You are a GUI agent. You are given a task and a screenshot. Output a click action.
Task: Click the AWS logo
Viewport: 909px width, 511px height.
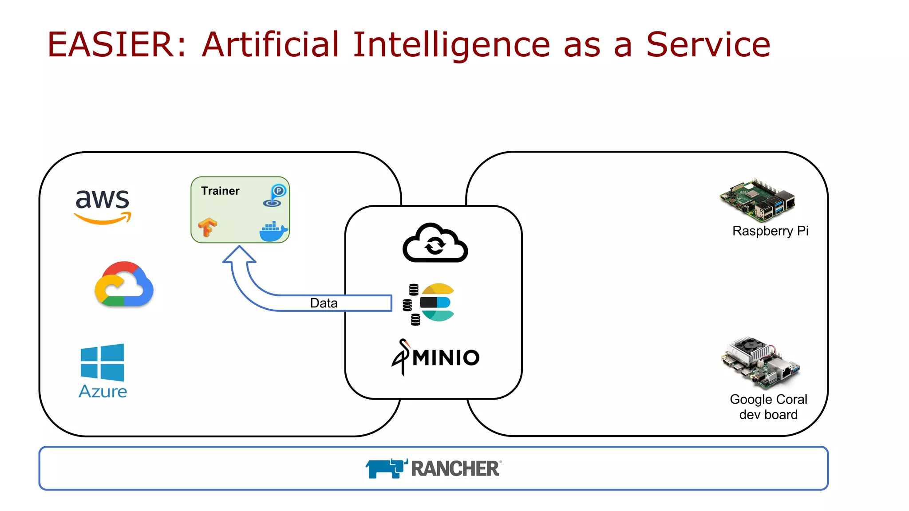pos(103,205)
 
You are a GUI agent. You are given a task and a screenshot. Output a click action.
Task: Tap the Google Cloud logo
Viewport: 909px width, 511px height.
pos(124,284)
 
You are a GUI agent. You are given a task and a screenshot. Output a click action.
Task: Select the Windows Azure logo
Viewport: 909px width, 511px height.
pos(103,370)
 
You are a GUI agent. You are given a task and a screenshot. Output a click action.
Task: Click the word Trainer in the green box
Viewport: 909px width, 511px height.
pos(220,191)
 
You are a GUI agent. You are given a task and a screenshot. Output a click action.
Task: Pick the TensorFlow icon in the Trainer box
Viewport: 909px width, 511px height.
pos(207,228)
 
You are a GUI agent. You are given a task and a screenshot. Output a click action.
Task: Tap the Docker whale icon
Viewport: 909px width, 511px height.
pos(273,232)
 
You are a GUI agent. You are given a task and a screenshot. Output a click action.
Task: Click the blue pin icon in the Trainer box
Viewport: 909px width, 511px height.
pos(274,196)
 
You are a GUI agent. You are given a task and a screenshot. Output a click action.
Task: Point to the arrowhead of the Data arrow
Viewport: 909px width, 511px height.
pos(239,255)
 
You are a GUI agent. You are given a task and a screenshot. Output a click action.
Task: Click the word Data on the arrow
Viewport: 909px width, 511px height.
pos(324,303)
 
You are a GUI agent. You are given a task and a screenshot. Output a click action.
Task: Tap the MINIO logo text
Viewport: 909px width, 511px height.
pos(446,358)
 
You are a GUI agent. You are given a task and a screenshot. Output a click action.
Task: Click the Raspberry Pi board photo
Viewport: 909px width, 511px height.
pos(757,200)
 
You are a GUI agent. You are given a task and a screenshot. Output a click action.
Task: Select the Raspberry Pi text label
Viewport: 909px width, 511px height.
pos(770,231)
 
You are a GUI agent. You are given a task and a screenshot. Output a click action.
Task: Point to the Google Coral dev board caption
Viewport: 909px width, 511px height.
pos(768,407)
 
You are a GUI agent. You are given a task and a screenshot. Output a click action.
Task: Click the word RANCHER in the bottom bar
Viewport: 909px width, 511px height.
pos(455,469)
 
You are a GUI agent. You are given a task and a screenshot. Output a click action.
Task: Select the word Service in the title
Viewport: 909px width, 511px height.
pos(708,45)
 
